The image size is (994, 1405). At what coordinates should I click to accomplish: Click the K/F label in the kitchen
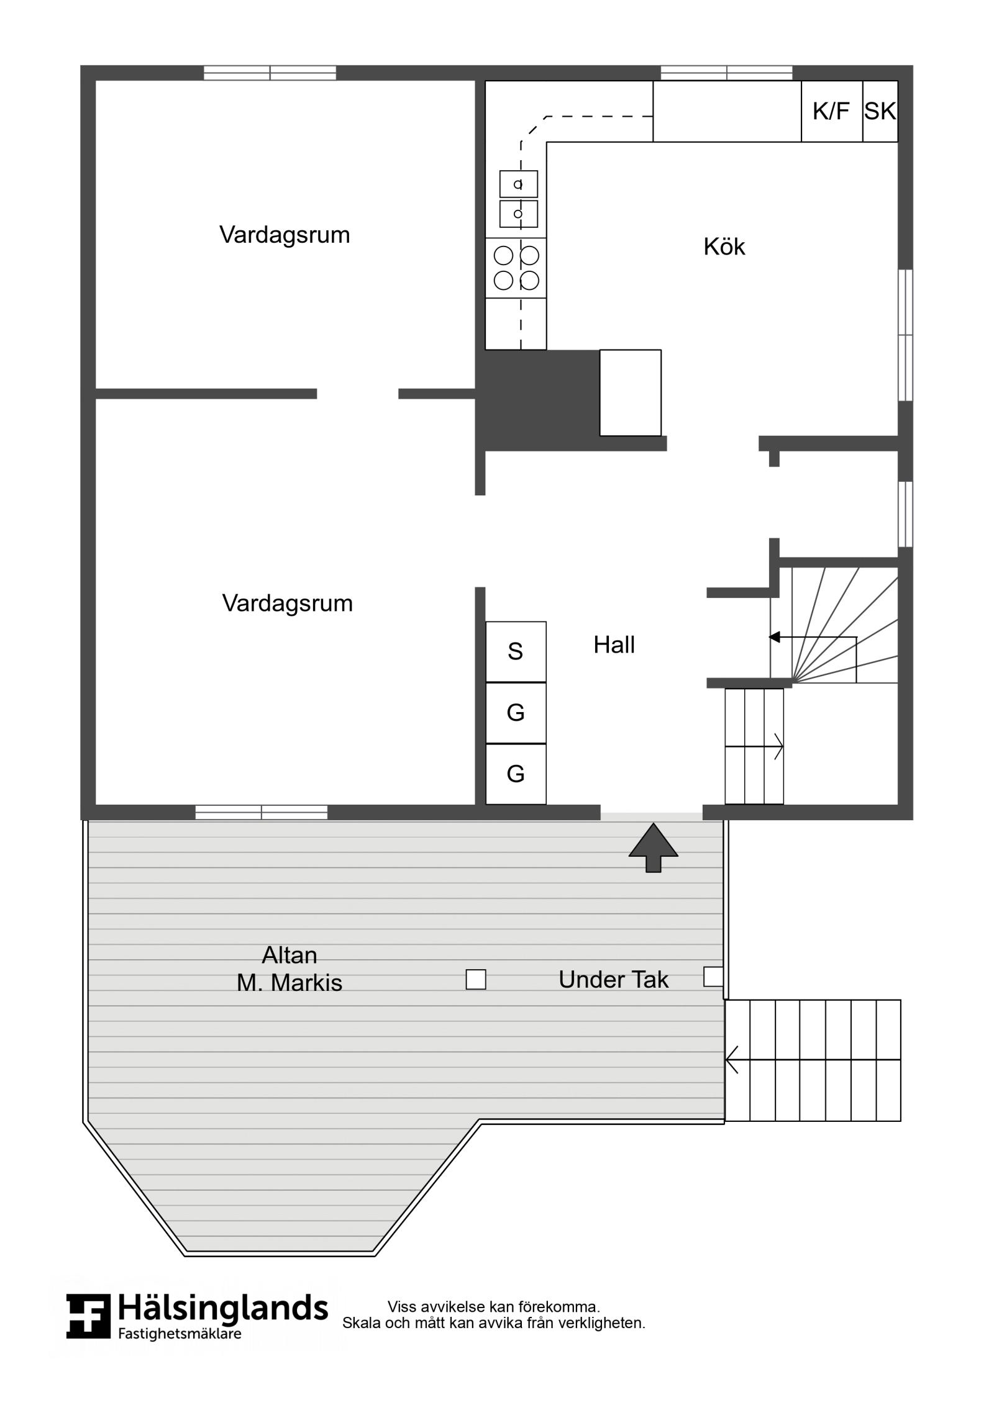(x=831, y=112)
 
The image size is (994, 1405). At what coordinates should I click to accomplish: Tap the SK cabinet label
(x=880, y=112)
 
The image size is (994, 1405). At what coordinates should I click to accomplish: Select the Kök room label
(x=724, y=246)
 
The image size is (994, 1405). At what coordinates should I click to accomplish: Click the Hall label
(x=614, y=644)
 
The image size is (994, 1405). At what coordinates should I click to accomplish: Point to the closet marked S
(x=516, y=651)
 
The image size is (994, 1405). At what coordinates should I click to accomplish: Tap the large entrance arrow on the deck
(x=653, y=847)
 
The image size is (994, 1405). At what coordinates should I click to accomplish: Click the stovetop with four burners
(x=516, y=268)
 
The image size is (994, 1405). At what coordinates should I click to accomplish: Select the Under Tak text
(x=613, y=980)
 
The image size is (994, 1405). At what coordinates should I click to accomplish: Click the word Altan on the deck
(x=290, y=955)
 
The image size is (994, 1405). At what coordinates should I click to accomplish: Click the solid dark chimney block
(x=537, y=400)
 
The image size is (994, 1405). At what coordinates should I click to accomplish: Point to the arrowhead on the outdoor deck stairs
(x=732, y=1059)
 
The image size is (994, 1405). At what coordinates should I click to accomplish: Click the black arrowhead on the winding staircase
(x=774, y=637)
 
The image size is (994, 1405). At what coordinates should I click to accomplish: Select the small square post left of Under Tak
(x=476, y=980)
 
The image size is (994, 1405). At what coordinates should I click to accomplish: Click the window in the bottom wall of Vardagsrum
(x=262, y=812)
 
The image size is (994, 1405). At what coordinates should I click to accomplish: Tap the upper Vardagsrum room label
(x=285, y=235)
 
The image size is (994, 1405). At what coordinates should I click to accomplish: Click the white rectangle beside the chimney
(x=630, y=393)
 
